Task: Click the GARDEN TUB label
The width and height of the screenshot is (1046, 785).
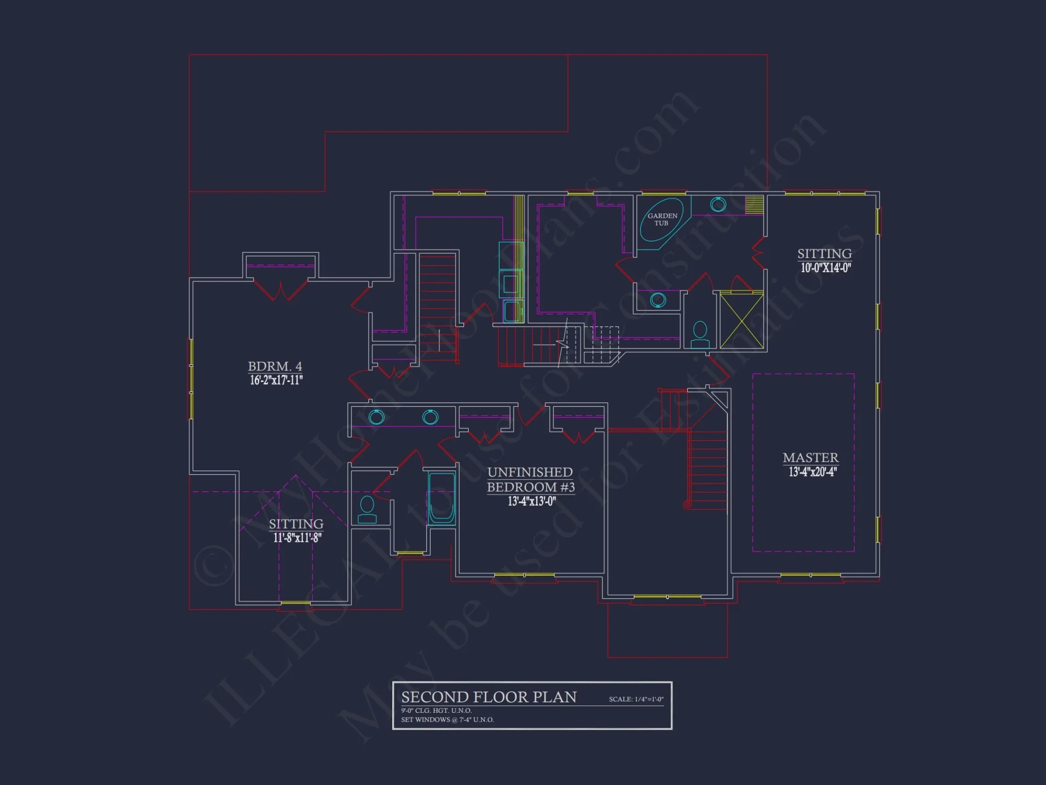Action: point(662,219)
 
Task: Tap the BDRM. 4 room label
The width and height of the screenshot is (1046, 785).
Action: point(275,366)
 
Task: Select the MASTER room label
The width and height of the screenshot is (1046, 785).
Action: point(810,458)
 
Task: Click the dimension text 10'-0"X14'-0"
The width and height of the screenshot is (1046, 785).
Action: point(825,268)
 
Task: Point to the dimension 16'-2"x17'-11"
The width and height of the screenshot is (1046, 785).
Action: point(276,380)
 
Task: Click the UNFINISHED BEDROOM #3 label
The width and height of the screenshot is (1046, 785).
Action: point(530,479)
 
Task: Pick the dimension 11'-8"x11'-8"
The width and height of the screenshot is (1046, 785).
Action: point(297,538)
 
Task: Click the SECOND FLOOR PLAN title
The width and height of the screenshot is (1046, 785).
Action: point(488,697)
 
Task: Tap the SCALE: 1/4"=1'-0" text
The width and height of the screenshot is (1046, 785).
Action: point(636,699)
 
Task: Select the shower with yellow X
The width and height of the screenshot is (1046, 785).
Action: point(742,321)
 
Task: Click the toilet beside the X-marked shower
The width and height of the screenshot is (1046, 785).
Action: point(700,335)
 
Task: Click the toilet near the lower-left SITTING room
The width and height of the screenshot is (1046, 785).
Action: point(367,509)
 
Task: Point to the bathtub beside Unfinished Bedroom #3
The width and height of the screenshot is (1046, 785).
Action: point(441,498)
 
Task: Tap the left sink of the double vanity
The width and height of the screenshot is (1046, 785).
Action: point(377,417)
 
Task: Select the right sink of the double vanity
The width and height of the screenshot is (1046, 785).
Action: point(430,417)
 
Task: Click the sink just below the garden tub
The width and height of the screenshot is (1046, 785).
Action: point(658,300)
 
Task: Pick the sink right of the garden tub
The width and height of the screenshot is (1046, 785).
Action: point(718,205)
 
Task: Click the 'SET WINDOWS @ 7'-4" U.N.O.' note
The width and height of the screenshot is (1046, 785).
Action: point(447,720)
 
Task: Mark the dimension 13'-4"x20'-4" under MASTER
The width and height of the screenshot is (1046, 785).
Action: point(812,472)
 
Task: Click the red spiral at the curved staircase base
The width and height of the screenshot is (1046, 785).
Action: point(687,505)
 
